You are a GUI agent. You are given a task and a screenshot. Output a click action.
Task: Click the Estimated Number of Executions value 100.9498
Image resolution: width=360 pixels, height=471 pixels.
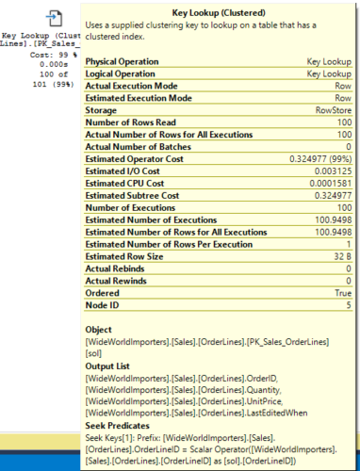click(x=328, y=219)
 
